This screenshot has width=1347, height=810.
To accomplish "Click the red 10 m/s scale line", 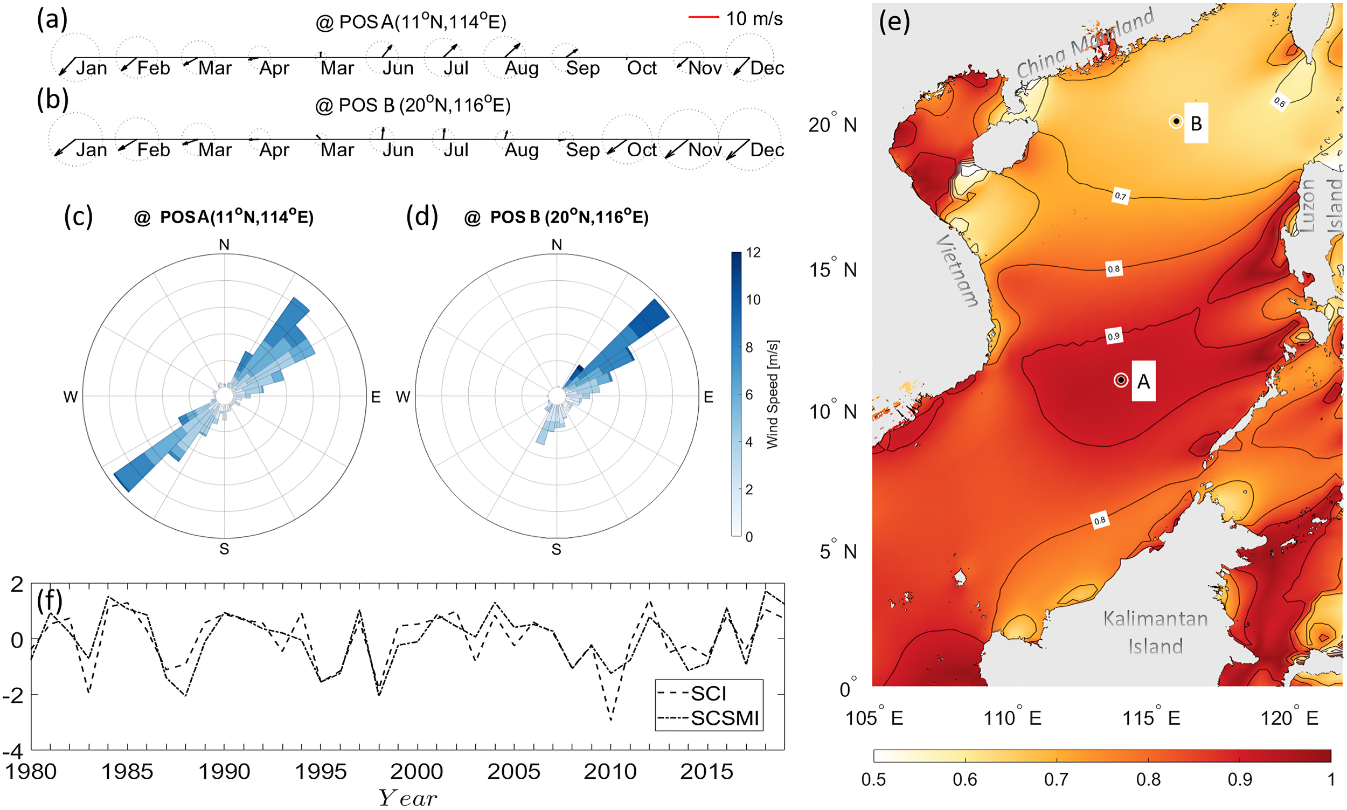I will coord(703,17).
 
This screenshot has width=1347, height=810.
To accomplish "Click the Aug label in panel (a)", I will coord(521,69).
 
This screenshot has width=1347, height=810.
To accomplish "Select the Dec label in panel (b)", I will coord(767,150).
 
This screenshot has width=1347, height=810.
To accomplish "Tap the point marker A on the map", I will coord(1121,380).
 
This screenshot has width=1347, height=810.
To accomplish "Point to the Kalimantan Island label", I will coord(1155,632).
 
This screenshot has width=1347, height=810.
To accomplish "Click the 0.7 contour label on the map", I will coord(1120,196).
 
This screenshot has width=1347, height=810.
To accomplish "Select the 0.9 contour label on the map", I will coord(1113,336).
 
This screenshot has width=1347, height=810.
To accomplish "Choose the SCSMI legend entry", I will coord(724,718).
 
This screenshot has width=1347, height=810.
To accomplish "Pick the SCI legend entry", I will coord(708,694).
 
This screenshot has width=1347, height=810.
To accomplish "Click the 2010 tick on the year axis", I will coord(610,772).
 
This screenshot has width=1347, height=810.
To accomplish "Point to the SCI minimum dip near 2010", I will coord(610,719).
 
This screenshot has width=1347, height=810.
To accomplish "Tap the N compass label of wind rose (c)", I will coord(224,245).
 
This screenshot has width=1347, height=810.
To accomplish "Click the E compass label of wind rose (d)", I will coord(707,397).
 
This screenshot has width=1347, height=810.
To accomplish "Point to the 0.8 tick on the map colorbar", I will coord(1148,779).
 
